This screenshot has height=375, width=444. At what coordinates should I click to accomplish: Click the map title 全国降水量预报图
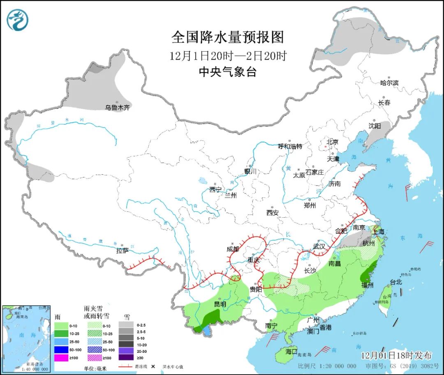[227, 38]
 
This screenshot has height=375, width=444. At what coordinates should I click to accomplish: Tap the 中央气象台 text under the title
[227, 72]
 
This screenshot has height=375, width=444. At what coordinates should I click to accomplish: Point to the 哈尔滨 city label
[389, 83]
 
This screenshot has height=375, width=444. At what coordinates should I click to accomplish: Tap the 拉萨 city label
[123, 250]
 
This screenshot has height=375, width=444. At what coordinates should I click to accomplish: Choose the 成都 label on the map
[232, 248]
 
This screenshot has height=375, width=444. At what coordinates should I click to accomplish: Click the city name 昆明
[220, 304]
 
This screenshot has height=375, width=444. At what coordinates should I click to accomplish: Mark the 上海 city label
[379, 232]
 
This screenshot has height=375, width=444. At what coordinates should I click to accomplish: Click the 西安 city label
[272, 212]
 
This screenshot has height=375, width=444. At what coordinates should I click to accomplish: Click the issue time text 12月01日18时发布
[396, 355]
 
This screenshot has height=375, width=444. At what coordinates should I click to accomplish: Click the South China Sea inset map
[26, 338]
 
